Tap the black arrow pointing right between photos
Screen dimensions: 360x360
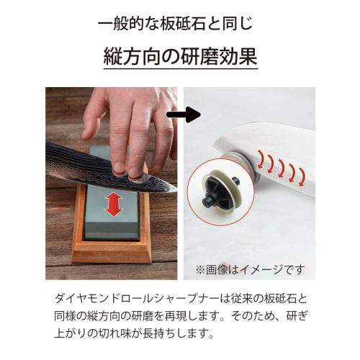pyautogui.click(x=184, y=114)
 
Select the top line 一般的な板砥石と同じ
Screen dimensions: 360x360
pyautogui.click(x=179, y=23)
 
